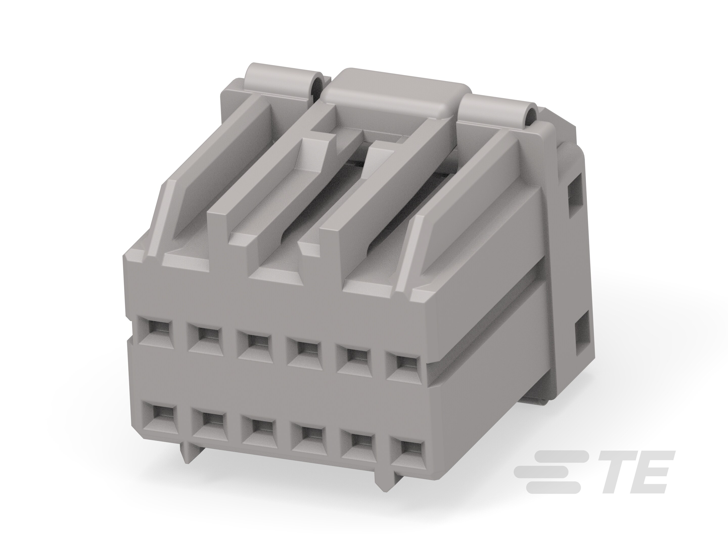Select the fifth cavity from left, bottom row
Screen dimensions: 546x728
pyautogui.click(x=357, y=441)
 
